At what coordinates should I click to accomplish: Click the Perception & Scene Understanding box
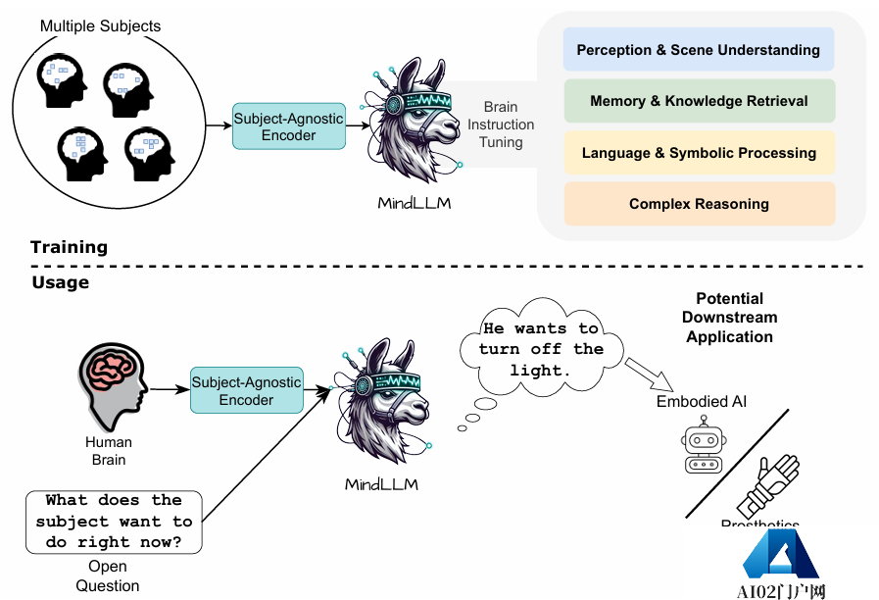pos(698,50)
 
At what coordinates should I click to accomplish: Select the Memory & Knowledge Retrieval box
pos(698,101)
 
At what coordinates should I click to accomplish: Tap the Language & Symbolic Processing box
pos(698,153)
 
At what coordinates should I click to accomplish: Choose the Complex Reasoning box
pos(698,204)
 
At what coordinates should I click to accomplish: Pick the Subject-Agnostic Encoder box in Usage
pos(246,390)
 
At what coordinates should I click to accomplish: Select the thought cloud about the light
pos(541,351)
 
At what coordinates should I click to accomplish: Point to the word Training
pos(69,247)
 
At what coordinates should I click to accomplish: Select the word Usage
pos(60,282)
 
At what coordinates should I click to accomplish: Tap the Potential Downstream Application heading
pos(729,318)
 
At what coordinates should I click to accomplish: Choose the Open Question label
pos(108,576)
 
